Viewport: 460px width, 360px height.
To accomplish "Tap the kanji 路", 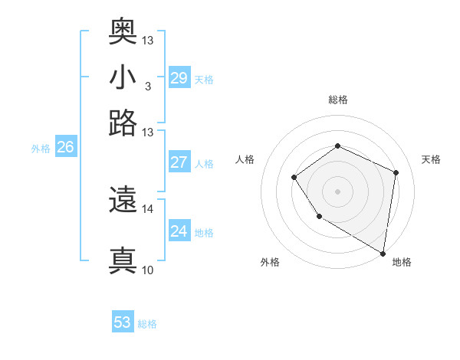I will (x=123, y=123).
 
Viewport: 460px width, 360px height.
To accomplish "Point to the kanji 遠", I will (x=123, y=201).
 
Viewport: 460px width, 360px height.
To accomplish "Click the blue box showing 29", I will (x=179, y=77).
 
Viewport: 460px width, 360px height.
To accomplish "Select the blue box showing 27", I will (x=179, y=162).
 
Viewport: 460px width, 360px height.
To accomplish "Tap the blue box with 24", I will (x=179, y=231).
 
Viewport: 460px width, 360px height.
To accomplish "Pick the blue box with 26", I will (x=65, y=148).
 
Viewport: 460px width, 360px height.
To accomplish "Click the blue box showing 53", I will (x=123, y=322).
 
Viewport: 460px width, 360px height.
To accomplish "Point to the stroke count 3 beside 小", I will (x=147, y=85).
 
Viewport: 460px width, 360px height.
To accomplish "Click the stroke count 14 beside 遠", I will (x=148, y=208).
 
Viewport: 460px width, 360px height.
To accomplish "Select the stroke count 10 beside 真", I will (x=148, y=270).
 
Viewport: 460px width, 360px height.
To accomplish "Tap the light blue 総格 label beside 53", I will (x=147, y=324).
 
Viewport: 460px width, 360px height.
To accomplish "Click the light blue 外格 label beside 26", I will (x=41, y=149).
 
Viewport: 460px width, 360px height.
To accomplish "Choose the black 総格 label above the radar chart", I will (x=337, y=100).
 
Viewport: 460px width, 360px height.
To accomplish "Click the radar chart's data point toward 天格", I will (x=396, y=172).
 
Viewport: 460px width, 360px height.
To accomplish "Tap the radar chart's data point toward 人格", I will (x=294, y=178).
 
